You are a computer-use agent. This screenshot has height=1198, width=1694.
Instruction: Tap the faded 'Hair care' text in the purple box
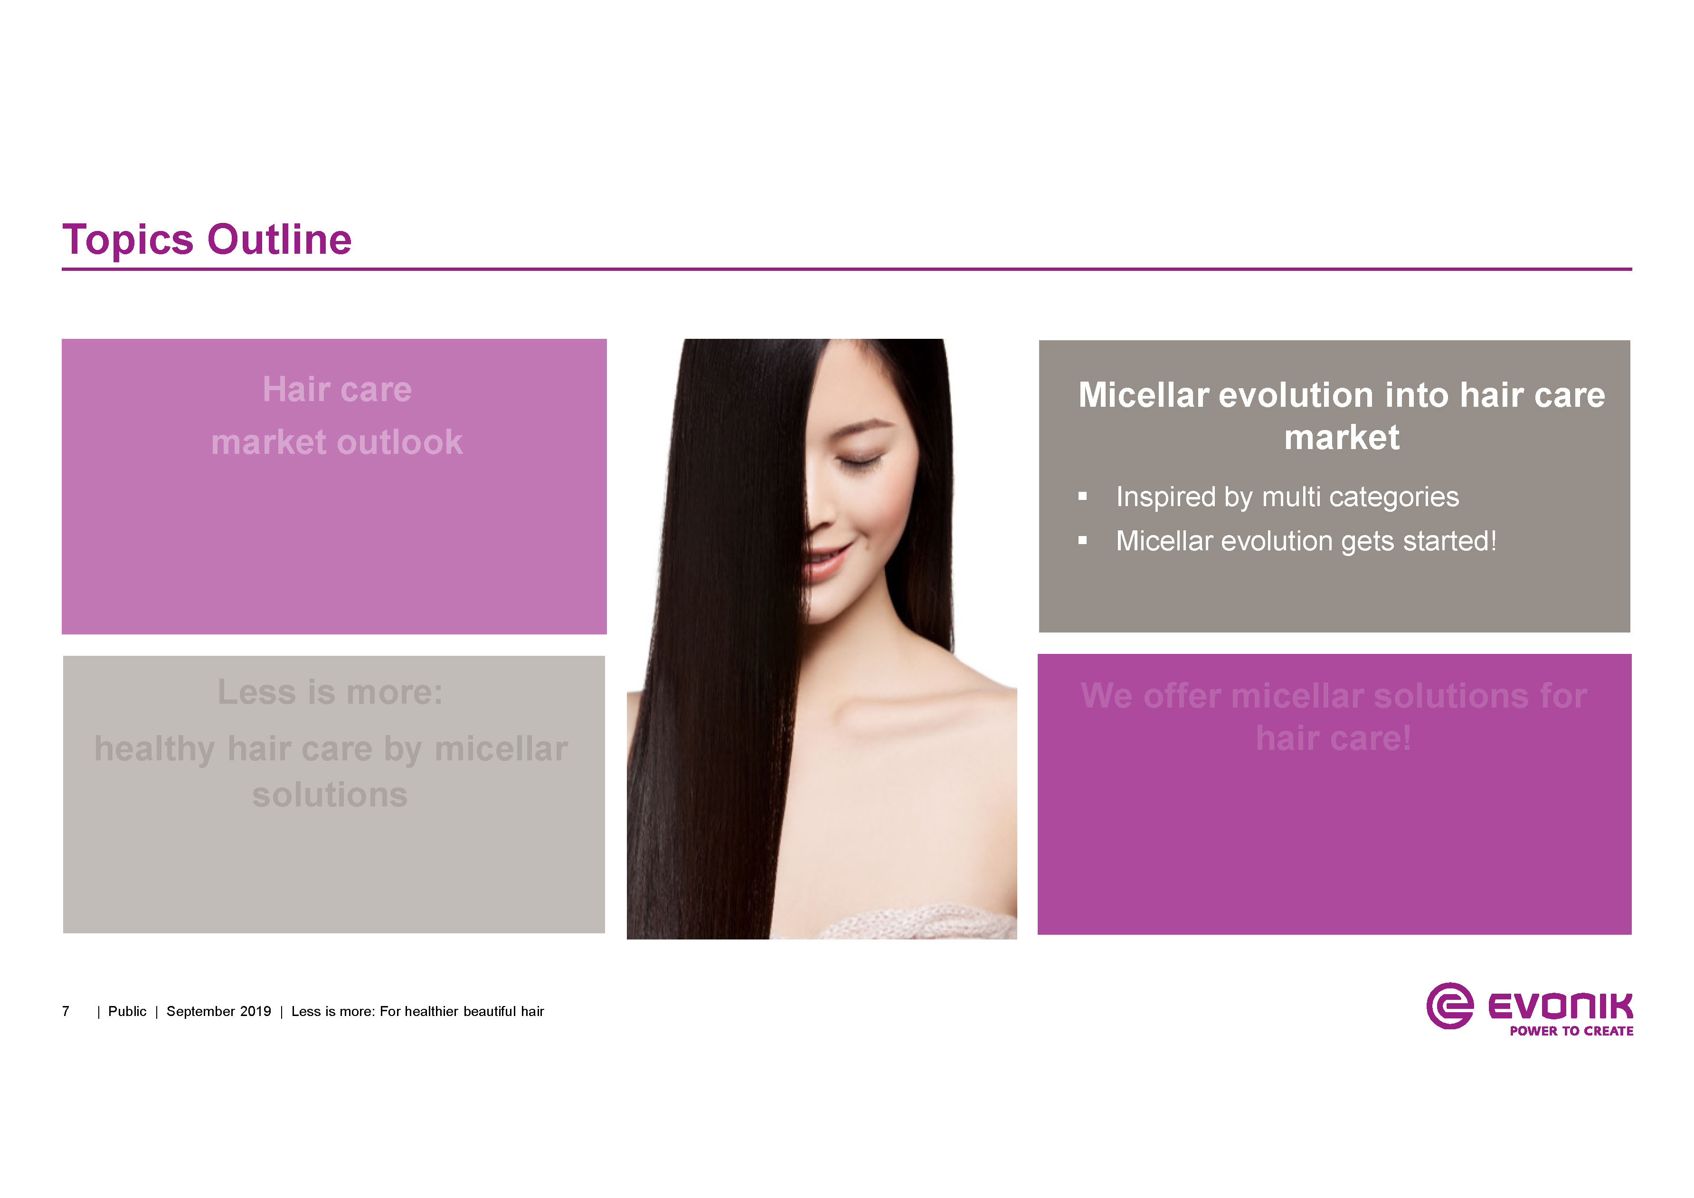point(337,389)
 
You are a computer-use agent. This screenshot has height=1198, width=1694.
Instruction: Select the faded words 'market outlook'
point(337,442)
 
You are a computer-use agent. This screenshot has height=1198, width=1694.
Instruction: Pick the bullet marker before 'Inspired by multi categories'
point(1082,497)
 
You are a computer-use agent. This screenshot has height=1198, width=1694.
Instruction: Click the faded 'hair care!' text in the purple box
point(1333,738)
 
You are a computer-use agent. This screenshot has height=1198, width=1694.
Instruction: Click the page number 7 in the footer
point(66,1011)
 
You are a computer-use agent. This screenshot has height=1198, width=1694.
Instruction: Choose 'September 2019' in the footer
point(218,1011)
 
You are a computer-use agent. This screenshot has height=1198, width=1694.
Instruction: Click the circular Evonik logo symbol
point(1450,1006)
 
